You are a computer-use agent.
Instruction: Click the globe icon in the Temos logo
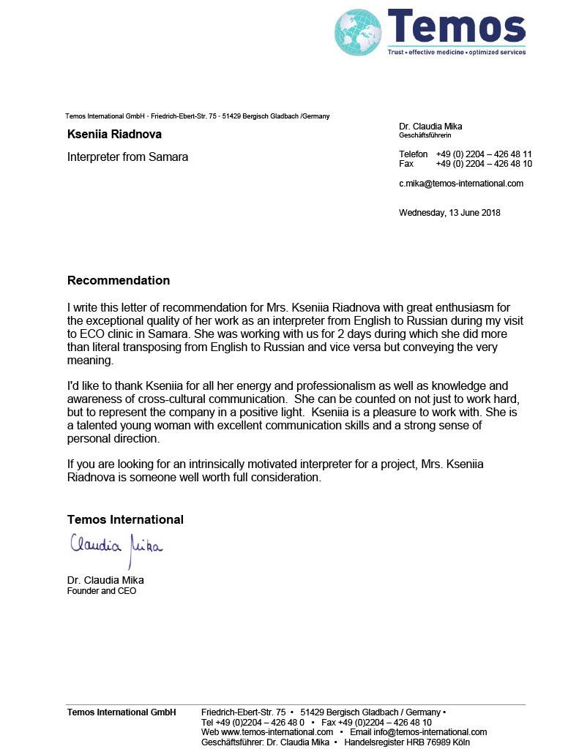pyautogui.click(x=359, y=32)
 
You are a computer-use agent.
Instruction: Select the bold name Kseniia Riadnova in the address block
pyautogui.click(x=114, y=135)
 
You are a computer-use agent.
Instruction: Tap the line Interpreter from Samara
pyautogui.click(x=127, y=157)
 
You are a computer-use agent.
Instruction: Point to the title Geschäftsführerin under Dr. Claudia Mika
pyautogui.click(x=425, y=135)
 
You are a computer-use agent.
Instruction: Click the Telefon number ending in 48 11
pyautogui.click(x=484, y=154)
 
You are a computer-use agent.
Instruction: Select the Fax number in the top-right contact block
pyautogui.click(x=484, y=164)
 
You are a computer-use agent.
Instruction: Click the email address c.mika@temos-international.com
pyautogui.click(x=461, y=184)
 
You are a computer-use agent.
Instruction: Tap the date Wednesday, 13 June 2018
pyautogui.click(x=449, y=213)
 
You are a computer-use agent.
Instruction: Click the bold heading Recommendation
pyautogui.click(x=119, y=280)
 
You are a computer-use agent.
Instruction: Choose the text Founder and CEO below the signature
pyautogui.click(x=102, y=591)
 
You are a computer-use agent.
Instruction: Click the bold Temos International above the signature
pyautogui.click(x=125, y=519)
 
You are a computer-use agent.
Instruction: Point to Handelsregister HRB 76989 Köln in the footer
pyautogui.click(x=407, y=742)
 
